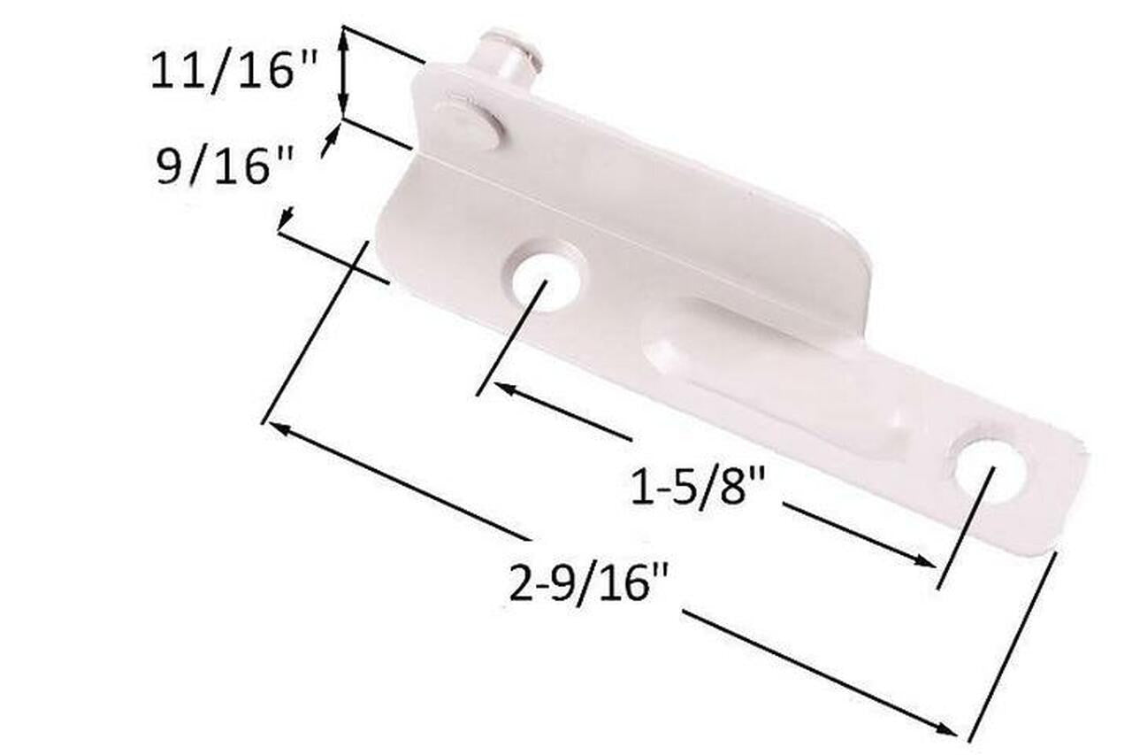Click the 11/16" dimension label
[233, 70]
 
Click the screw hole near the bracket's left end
[546, 282]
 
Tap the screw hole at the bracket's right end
[990, 470]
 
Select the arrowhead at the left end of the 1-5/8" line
[501, 388]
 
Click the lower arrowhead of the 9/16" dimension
[284, 221]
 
